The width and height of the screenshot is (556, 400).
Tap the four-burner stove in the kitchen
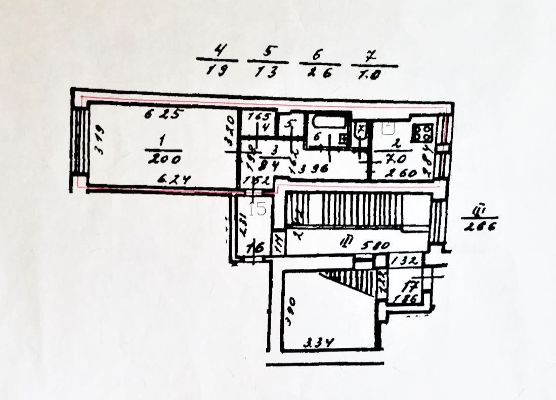pos(423,133)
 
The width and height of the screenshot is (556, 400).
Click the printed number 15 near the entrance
pos(258,208)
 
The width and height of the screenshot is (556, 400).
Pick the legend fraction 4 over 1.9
pos(218,60)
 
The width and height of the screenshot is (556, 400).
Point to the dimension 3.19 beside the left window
pos(100,143)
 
